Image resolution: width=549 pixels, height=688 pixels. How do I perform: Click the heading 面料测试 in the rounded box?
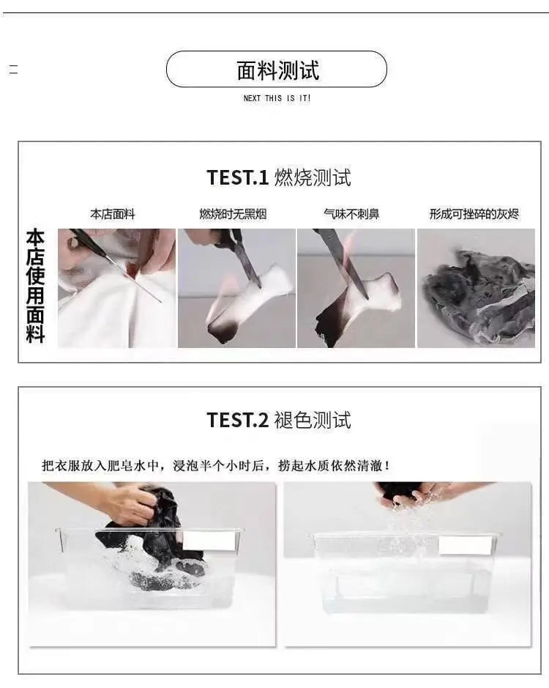(278, 70)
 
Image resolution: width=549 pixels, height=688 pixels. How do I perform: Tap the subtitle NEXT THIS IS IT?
(277, 98)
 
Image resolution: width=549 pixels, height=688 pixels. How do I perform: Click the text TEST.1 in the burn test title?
(237, 178)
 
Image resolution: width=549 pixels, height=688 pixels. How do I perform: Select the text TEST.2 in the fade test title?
(237, 420)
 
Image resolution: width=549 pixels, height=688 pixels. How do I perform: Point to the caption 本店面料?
(113, 214)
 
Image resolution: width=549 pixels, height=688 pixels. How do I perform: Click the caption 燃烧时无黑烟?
(233, 214)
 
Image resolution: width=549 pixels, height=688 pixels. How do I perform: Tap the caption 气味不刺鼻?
(351, 214)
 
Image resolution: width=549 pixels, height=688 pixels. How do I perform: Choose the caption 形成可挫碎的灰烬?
(474, 214)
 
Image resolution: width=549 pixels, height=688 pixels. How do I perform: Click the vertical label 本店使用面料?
(36, 286)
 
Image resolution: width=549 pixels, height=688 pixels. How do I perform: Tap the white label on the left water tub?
(209, 541)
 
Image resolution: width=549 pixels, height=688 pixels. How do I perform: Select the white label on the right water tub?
(465, 545)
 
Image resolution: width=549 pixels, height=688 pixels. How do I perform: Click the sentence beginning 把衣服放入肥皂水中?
(216, 465)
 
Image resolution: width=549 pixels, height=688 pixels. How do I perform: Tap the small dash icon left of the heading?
(14, 70)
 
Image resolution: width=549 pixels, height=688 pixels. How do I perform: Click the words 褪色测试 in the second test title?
(313, 420)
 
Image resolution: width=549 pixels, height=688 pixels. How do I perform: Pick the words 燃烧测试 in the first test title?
(313, 178)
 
